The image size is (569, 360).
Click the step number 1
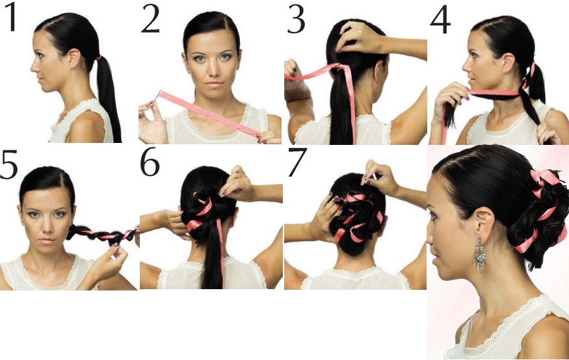pos(10,18)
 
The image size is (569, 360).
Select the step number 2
pos(150,19)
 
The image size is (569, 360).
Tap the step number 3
pos(296,19)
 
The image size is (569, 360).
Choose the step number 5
pos(9,164)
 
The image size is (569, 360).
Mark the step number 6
pos(150,162)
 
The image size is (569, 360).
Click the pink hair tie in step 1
pos(98,57)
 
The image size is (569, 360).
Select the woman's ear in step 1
pos(75,58)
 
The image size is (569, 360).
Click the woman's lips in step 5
pos(46,240)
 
